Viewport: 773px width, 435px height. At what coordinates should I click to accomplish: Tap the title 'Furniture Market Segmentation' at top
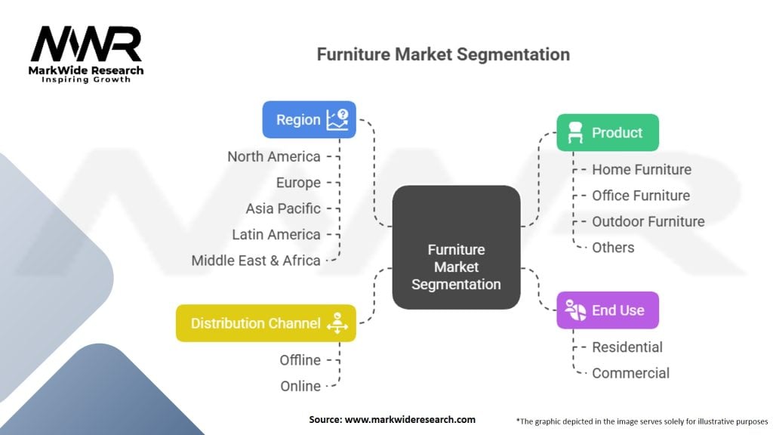click(x=442, y=54)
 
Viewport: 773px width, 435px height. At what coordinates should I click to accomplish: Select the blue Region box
click(x=309, y=119)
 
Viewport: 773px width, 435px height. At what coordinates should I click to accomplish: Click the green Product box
click(x=607, y=133)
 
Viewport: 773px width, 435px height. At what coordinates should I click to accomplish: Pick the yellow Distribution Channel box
click(x=265, y=323)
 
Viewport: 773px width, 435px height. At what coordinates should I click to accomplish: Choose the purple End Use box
click(x=607, y=310)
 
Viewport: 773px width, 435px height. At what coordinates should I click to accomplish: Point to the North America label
click(x=274, y=157)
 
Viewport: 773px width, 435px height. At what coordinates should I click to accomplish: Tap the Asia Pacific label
click(x=283, y=208)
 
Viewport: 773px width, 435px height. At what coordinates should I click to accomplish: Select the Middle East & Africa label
click(x=256, y=261)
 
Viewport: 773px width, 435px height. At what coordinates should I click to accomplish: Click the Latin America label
click(x=276, y=235)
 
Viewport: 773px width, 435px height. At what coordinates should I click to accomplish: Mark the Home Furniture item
click(x=641, y=170)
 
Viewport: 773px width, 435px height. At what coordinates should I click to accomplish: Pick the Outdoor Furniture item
click(x=648, y=222)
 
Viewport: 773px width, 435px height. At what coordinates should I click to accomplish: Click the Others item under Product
click(x=613, y=248)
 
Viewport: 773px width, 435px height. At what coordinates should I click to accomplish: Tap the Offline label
click(x=300, y=360)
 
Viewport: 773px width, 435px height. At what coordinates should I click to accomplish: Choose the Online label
click(x=300, y=386)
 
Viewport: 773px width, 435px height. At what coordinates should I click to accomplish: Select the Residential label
click(x=627, y=347)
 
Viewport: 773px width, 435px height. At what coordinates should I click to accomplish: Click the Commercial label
click(x=630, y=373)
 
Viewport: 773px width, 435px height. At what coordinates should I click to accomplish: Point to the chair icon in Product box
click(x=574, y=133)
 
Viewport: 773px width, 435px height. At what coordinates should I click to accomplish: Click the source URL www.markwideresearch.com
click(x=410, y=420)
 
